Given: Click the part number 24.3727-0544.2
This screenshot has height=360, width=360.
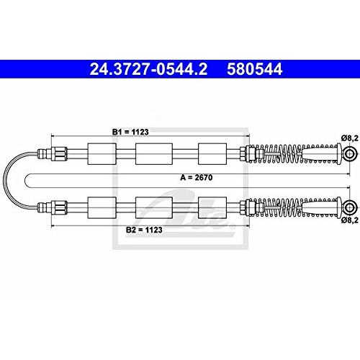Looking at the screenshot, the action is point(148,69).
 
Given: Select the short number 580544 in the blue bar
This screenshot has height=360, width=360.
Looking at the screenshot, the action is point(255,69).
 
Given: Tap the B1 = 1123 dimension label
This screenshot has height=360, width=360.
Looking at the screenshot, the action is point(130,132).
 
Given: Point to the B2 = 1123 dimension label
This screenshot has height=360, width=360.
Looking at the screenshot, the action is point(144,230).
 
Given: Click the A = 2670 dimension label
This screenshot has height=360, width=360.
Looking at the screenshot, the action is point(197,178).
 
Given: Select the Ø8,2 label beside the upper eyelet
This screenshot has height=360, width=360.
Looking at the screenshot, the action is point(350,138).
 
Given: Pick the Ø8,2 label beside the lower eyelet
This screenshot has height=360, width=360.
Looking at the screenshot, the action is point(350,220).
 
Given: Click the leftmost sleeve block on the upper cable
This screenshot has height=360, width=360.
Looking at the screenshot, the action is point(102,154).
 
